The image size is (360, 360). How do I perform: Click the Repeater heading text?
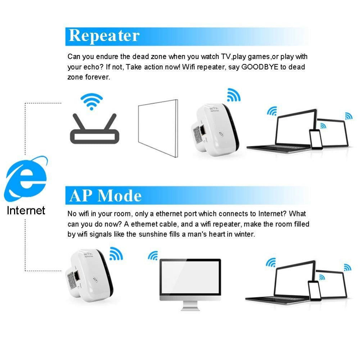click(x=104, y=36)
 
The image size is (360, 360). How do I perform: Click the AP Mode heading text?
click(x=105, y=195)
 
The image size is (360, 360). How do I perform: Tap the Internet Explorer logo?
click(x=26, y=179)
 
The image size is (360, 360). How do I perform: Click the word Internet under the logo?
click(x=26, y=210)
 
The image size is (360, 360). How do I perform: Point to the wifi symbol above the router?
click(x=91, y=101)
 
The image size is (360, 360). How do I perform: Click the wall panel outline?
click(x=158, y=128)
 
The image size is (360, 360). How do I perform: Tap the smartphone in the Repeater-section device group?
click(x=316, y=139)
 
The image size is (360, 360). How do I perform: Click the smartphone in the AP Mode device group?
click(x=314, y=290)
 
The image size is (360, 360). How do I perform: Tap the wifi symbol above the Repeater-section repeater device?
click(x=234, y=95)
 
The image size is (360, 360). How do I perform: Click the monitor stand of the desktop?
click(x=190, y=305)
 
